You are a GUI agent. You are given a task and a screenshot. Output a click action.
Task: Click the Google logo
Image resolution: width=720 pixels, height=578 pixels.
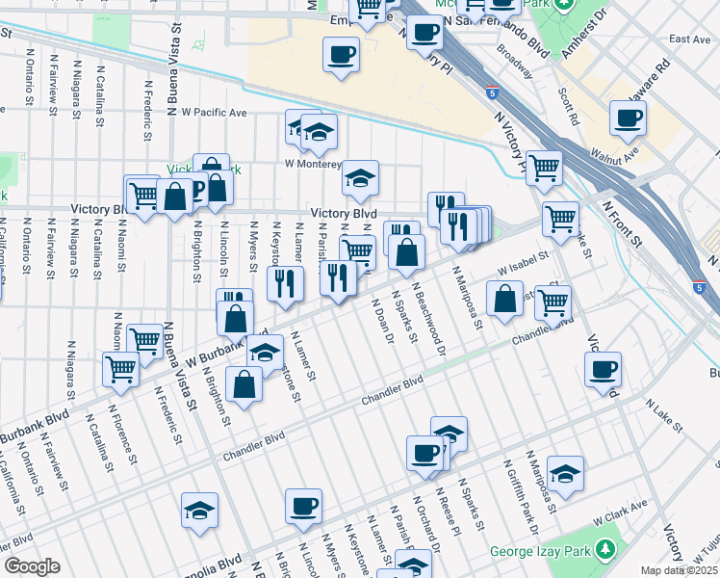click(32, 566)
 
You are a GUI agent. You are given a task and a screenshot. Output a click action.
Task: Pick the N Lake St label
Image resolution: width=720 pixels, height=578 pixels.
click(663, 415)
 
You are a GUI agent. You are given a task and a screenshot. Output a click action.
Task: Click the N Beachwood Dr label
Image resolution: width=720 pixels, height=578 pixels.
click(429, 319)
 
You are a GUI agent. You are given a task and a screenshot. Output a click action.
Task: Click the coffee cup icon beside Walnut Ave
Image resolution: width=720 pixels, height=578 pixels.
click(628, 119)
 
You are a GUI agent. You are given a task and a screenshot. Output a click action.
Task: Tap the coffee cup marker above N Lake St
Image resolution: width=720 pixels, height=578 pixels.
click(603, 368)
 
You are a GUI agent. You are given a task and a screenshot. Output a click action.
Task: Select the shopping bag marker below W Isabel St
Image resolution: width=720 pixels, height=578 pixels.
click(505, 299)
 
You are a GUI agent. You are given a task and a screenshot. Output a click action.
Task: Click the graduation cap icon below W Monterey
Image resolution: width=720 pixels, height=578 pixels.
click(360, 177)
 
